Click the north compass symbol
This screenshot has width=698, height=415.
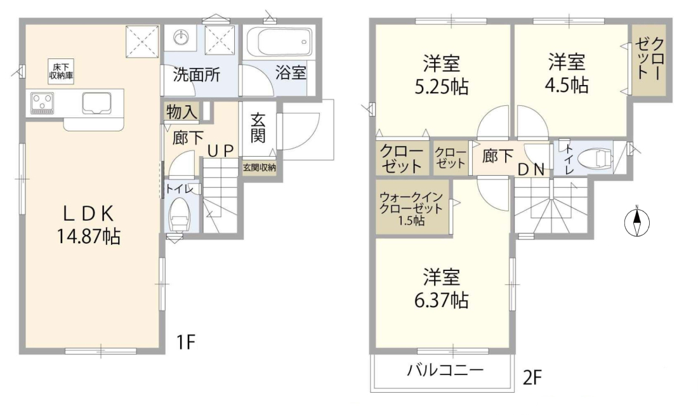click(637, 221)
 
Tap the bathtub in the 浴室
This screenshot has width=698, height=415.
click(279, 41)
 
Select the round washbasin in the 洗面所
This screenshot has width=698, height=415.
click(181, 37)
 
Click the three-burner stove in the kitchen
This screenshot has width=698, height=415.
click(42, 103)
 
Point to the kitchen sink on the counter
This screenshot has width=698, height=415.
click(96, 103)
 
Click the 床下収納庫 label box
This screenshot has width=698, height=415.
click(61, 71)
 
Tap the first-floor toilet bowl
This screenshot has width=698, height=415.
click(179, 214)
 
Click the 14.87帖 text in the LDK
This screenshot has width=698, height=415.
click(88, 237)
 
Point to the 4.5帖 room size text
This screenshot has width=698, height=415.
click(567, 84)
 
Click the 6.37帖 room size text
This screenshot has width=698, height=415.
click(441, 300)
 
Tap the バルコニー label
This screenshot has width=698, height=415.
click(445, 369)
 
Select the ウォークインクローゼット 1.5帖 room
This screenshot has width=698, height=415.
click(412, 207)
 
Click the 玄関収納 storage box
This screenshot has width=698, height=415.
click(259, 168)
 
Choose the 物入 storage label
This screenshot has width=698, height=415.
click(181, 112)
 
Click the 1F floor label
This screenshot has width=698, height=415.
click(186, 342)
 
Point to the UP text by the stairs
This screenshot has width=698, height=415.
click(220, 152)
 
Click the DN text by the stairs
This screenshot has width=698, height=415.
click(531, 169)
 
